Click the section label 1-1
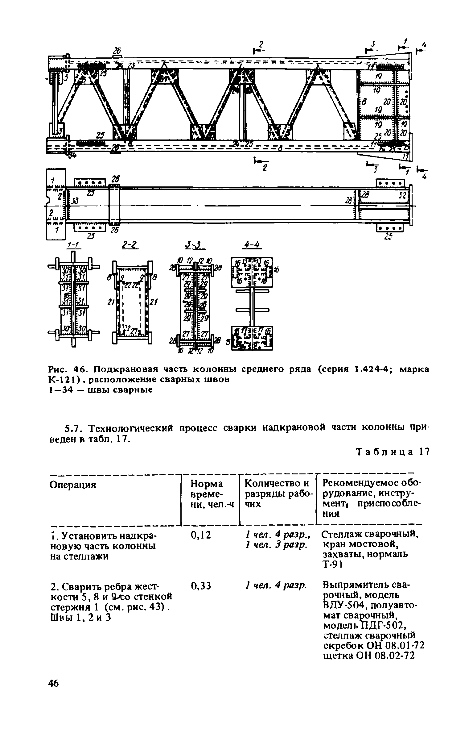[x=73, y=245]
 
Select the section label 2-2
[x=129, y=245]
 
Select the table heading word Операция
[x=73, y=485]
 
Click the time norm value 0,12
[x=201, y=535]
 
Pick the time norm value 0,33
[x=201, y=585]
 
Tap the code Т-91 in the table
[x=332, y=564]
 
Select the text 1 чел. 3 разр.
[x=276, y=545]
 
